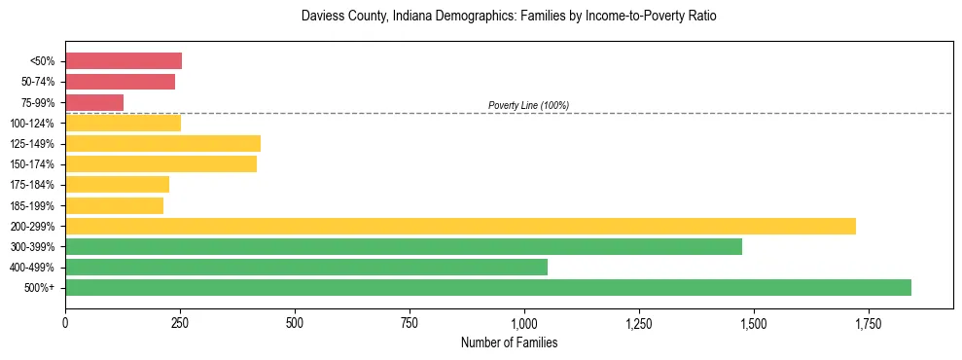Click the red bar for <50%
tap(124, 61)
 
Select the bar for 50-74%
tap(120, 82)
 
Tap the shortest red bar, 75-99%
tap(94, 102)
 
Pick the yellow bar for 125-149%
tap(162, 143)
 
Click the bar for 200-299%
tap(460, 226)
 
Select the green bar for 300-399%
tap(404, 246)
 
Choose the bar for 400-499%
tap(306, 267)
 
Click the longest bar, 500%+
tap(488, 287)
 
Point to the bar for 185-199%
tap(114, 205)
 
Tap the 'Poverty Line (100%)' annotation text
tap(528, 105)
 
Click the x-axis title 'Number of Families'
tap(509, 342)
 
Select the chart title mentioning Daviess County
tap(509, 18)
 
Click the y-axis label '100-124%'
tap(32, 124)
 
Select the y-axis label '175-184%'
tap(32, 185)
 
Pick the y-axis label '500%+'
tap(38, 288)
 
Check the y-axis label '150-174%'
tap(32, 164)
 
